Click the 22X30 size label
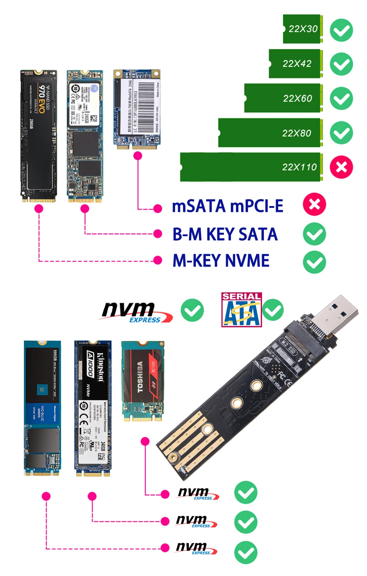click(x=303, y=29)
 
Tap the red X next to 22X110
click(x=341, y=167)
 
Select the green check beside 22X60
click(x=341, y=98)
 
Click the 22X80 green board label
click(x=297, y=133)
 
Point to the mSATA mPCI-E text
click(x=228, y=206)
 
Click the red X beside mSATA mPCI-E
click(x=315, y=204)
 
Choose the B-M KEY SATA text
click(x=225, y=234)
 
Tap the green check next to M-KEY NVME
click(x=315, y=262)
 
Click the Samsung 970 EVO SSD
click(x=39, y=136)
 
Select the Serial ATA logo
click(x=241, y=309)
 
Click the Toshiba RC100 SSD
click(x=142, y=381)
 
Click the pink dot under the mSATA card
click(x=138, y=156)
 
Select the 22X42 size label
click(x=297, y=64)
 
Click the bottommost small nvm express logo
click(x=196, y=549)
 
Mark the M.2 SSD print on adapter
click(x=288, y=346)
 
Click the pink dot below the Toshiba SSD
click(x=145, y=441)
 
